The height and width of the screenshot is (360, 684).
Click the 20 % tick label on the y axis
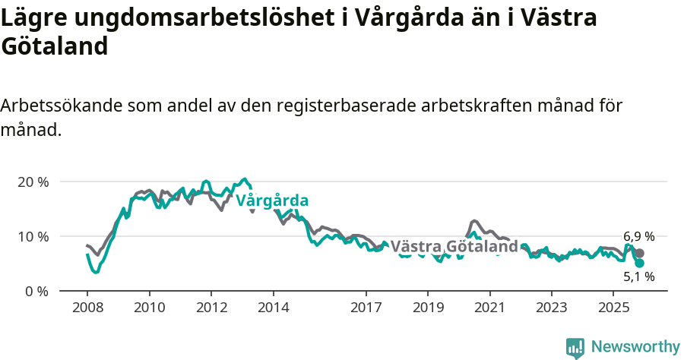click(33, 182)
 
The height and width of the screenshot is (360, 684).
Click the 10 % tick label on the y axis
click(33, 236)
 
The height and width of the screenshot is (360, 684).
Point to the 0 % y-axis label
click(36, 291)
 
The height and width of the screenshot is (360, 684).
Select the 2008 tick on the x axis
click(87, 308)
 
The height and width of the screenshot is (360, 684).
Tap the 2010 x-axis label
click(149, 308)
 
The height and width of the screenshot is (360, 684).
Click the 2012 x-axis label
click(211, 308)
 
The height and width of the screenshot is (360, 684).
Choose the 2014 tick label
click(273, 308)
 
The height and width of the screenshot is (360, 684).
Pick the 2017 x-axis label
click(366, 308)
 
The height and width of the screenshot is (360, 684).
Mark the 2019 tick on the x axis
click(427, 308)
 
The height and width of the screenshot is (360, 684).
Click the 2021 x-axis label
click(489, 308)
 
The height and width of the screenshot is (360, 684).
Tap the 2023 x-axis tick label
click(551, 308)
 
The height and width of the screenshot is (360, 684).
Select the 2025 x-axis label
click(613, 308)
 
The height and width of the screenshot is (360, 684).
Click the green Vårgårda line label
click(272, 201)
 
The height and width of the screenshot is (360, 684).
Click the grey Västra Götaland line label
click(454, 247)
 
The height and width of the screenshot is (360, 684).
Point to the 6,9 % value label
click(638, 237)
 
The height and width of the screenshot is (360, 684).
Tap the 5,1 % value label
click(638, 277)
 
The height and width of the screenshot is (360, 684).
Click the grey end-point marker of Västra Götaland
click(640, 254)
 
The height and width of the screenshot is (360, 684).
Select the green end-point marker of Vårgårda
click(640, 264)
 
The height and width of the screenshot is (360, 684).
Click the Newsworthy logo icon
click(575, 348)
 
